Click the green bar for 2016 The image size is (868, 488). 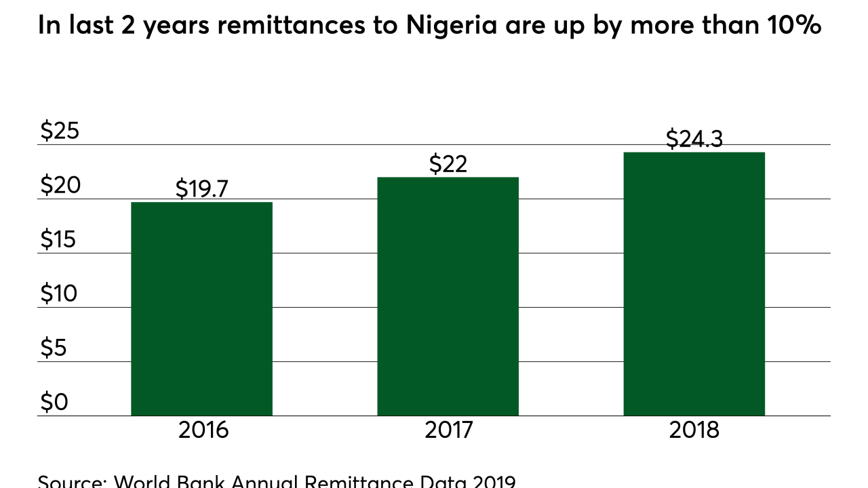(201, 308)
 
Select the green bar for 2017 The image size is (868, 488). (448, 296)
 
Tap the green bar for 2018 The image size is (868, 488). (694, 283)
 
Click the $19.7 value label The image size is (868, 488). (201, 189)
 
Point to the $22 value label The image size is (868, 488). (448, 164)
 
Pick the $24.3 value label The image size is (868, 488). (694, 139)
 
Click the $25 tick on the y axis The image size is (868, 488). (60, 131)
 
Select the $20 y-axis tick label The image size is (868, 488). (60, 185)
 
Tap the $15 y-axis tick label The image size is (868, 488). (60, 239)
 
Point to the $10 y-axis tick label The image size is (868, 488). (60, 293)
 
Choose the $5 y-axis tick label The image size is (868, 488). (55, 348)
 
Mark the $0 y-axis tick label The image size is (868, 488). (55, 402)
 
